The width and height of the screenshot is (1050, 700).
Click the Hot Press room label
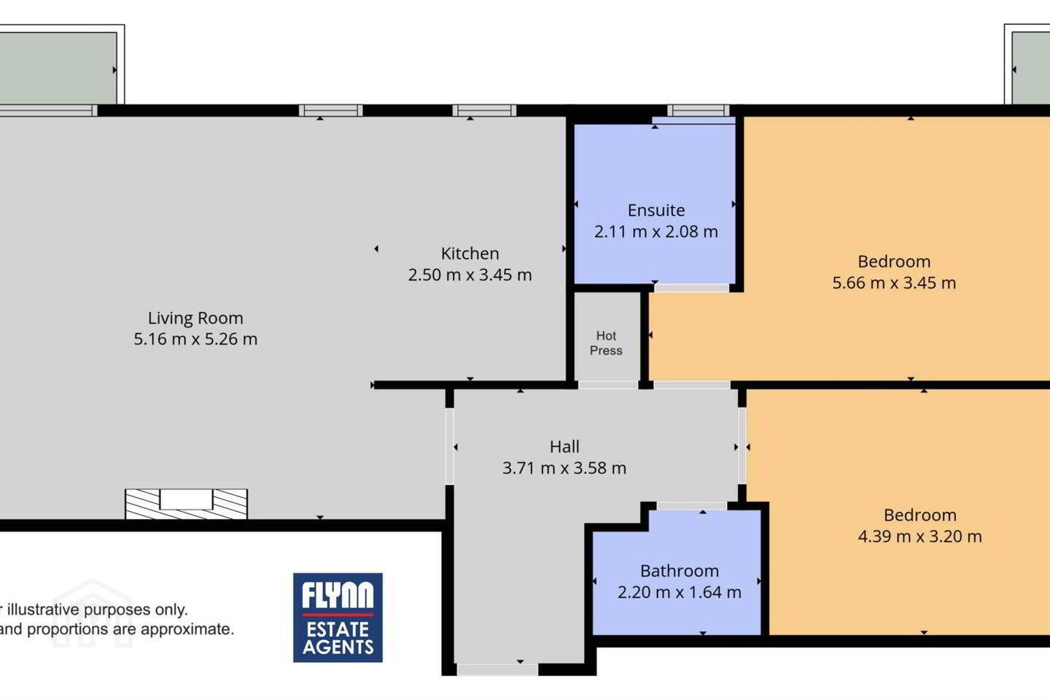coord(606,343)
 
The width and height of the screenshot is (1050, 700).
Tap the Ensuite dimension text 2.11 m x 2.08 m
coord(656,232)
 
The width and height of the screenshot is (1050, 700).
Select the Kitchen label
coord(470,254)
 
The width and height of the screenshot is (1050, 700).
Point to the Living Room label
coord(195,319)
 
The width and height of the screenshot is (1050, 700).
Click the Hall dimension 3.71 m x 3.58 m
coord(564,468)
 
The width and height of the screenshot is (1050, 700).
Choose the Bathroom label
coord(680,571)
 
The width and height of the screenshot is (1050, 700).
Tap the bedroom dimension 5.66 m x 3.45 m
coord(894,283)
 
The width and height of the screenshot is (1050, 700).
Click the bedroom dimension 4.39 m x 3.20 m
coord(919,537)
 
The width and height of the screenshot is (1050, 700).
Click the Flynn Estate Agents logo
coord(338,618)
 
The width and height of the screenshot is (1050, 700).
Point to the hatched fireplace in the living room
coord(186,504)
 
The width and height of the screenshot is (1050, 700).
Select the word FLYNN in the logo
coord(338,595)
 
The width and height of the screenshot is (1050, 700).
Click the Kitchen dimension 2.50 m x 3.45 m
coord(470,275)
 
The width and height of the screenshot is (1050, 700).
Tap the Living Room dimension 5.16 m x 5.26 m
coord(195,339)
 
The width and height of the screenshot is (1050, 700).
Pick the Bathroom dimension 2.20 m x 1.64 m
coord(680,592)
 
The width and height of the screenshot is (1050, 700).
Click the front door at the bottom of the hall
coord(497,669)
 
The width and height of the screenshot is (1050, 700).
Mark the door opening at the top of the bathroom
coord(692,506)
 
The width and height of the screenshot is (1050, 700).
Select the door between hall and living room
coord(449,446)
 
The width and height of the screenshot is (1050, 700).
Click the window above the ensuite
coord(699,111)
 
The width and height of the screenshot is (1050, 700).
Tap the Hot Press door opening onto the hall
coord(608,385)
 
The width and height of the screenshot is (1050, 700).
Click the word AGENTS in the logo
coord(338,647)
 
